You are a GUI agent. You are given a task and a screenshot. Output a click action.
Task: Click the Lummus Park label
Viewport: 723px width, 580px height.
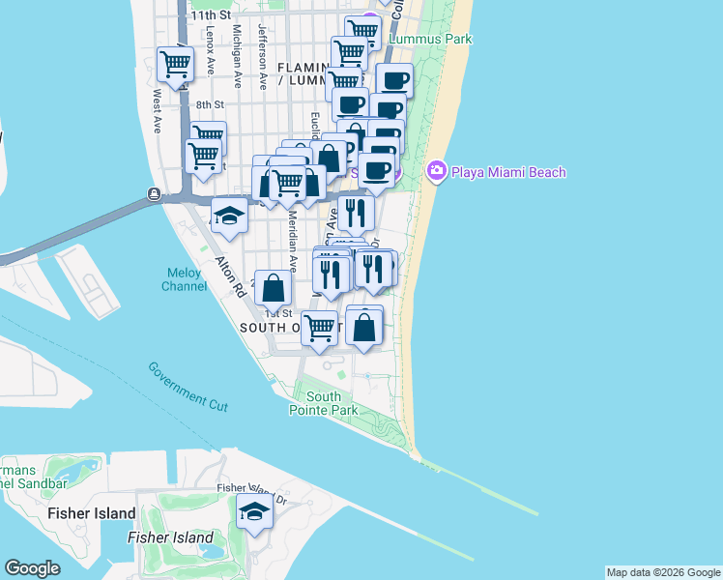click(x=430, y=40)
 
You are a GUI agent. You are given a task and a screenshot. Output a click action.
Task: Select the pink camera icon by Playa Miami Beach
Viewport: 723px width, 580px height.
click(x=436, y=171)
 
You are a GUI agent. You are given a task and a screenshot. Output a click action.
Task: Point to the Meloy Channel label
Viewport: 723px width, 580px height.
click(x=184, y=279)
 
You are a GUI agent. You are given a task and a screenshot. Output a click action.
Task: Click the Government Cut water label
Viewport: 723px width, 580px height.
click(x=188, y=387)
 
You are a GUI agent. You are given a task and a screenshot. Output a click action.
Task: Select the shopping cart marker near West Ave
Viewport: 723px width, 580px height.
click(x=175, y=65)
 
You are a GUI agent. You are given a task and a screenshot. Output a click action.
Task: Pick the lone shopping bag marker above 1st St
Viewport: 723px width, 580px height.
click(x=274, y=287)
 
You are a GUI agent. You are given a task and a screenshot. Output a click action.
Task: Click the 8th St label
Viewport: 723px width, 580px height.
click(x=210, y=104)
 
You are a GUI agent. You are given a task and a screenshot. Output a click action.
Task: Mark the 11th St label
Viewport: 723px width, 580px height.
click(x=211, y=15)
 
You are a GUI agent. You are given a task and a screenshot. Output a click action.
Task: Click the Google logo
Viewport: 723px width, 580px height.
click(x=32, y=568)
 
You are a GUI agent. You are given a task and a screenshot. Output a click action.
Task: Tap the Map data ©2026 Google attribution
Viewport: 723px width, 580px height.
click(x=662, y=572)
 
